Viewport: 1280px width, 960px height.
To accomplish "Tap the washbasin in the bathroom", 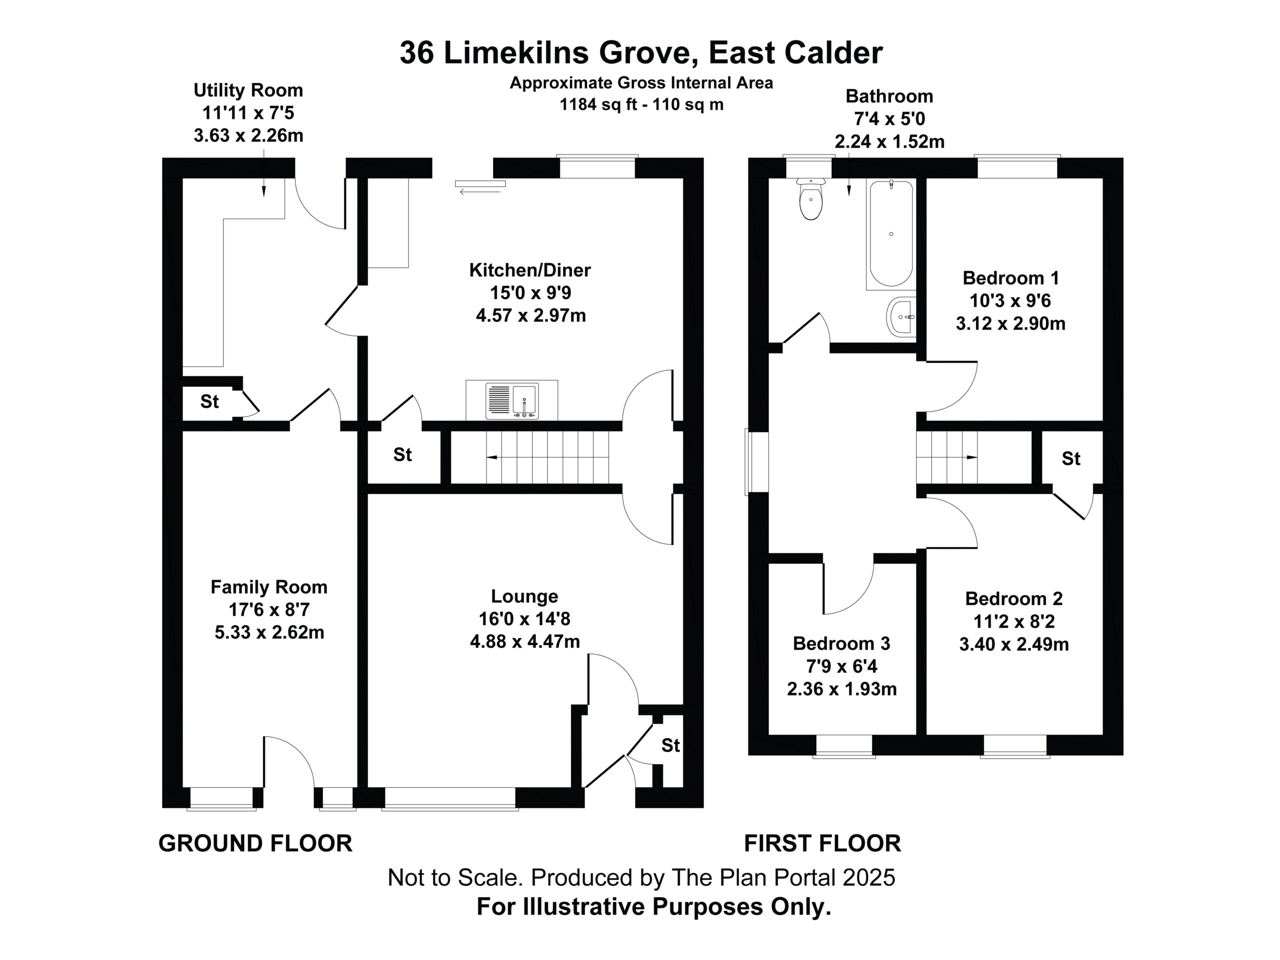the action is pos(900,317).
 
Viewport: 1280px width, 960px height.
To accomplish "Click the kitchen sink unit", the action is pos(512,400).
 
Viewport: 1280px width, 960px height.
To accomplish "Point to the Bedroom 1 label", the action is pos(1011,278).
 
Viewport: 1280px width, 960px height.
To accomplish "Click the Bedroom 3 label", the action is pos(841,643).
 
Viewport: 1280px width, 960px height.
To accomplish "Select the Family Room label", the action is pos(269,587).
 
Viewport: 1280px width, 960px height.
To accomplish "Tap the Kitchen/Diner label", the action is pos(530,269).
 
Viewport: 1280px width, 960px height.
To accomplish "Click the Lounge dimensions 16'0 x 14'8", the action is pos(524,618).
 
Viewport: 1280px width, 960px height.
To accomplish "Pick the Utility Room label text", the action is pos(248,90).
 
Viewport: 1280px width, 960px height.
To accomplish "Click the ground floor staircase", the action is pos(547,457).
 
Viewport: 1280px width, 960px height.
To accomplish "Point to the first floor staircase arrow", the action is pos(946,457).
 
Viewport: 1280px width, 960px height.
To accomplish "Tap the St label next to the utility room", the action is pos(209,401).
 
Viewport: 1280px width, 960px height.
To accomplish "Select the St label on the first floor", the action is pos(1071,458).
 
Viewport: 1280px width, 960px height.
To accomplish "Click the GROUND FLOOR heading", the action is pos(255,843).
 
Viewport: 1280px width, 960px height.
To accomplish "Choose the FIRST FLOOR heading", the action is pos(822,843).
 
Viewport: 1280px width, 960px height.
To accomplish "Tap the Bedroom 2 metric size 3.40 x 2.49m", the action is pos(1014,644).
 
